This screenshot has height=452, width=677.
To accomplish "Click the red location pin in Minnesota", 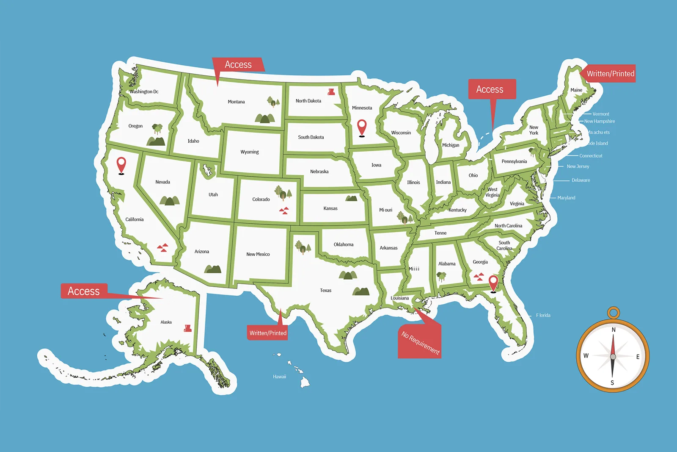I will [362, 127].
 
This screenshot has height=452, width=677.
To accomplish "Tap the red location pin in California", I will [121, 165].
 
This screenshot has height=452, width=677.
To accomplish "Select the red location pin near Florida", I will [493, 283].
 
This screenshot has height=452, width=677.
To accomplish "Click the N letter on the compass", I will [614, 330].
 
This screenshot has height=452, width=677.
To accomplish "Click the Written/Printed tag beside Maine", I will [610, 74].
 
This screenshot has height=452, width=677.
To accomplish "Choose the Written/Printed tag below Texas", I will [268, 333].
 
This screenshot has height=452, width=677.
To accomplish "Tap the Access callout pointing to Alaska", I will [84, 291].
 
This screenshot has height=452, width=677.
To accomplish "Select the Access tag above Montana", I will [238, 65].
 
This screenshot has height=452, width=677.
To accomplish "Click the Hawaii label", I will [279, 377].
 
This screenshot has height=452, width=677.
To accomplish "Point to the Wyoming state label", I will [250, 152].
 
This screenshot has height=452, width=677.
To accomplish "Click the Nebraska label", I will [319, 172].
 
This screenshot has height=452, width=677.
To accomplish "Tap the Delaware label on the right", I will [581, 180].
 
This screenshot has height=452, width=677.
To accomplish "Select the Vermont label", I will [601, 114].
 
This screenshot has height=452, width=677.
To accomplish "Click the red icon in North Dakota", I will [331, 92].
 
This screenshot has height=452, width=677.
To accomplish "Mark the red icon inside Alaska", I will [188, 328].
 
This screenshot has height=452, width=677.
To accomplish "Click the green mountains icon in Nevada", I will [170, 200].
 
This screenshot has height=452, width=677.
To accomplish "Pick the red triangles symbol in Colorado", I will [284, 211].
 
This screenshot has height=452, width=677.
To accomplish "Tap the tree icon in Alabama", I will [441, 277].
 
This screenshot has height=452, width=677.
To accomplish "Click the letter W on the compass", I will [586, 356].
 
